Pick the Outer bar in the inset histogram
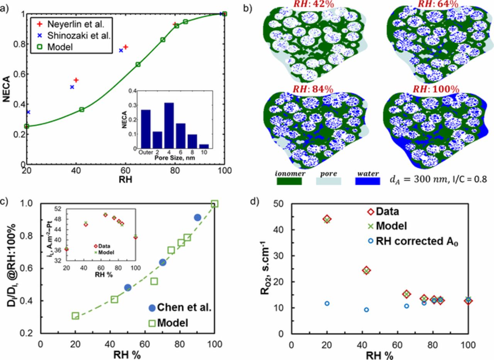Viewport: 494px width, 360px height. (145, 129)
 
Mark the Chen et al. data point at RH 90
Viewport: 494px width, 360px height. (197, 218)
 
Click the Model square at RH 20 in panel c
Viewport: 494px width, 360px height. (75, 316)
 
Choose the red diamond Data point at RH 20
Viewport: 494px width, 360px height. (327, 219)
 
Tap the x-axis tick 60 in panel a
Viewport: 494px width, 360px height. (125, 171)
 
